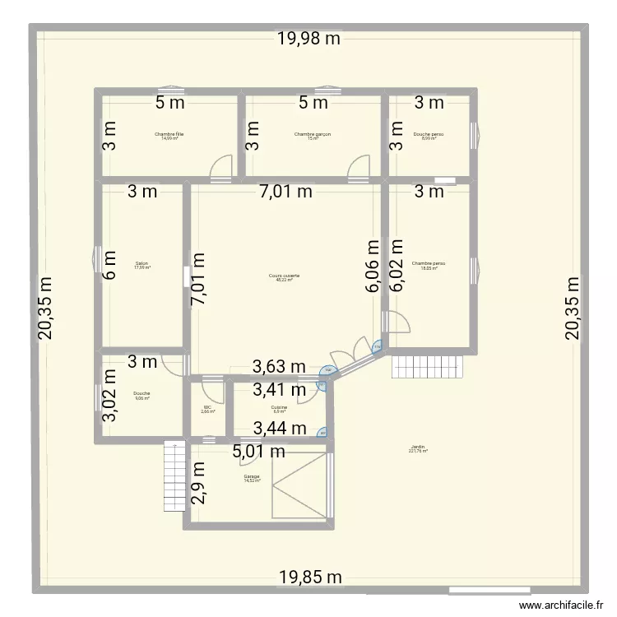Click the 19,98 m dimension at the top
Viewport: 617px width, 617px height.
pyautogui.click(x=308, y=39)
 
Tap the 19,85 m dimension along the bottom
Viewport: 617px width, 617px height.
pyautogui.click(x=308, y=577)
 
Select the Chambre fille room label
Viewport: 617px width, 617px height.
pyautogui.click(x=169, y=136)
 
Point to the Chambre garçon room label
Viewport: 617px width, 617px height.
pyautogui.click(x=313, y=136)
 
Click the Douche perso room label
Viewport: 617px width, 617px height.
pyautogui.click(x=429, y=136)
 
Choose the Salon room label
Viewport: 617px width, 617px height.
pyautogui.click(x=141, y=265)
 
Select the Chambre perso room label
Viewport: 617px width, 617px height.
pyautogui.click(x=429, y=265)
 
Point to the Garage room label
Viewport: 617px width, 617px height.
pyautogui.click(x=252, y=478)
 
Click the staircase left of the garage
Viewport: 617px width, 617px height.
pyautogui.click(x=174, y=464)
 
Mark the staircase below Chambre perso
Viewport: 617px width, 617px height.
pyautogui.click(x=428, y=367)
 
